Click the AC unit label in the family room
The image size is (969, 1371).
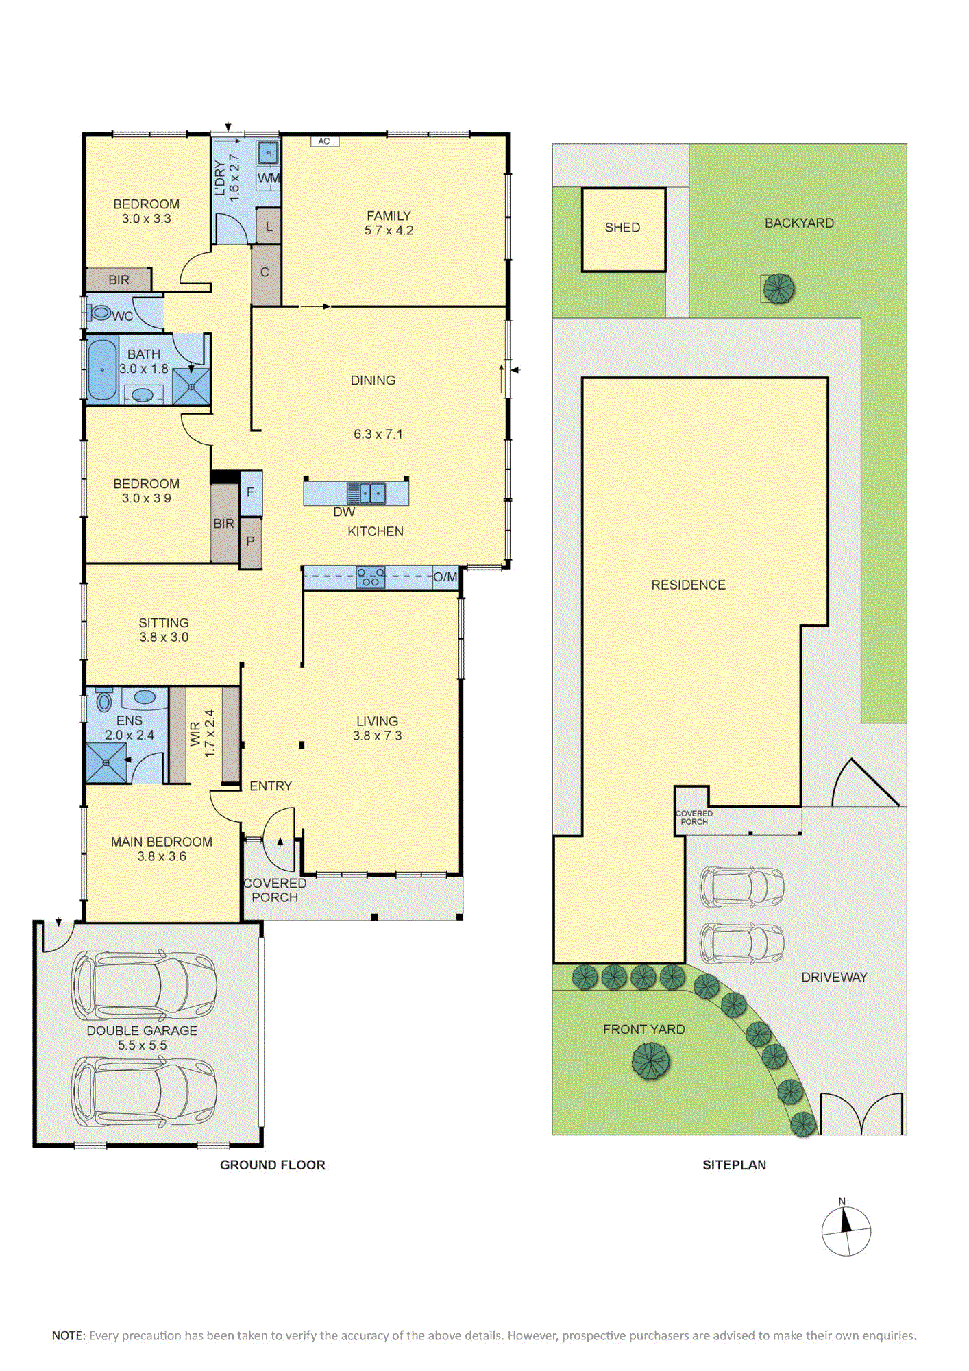[x=324, y=141]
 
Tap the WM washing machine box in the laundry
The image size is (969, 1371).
[x=269, y=178]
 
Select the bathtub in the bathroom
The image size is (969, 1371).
[x=102, y=369]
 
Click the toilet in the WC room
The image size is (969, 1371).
[x=99, y=313]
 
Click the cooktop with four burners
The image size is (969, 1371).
[x=370, y=577]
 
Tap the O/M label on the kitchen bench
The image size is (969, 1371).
[x=445, y=577]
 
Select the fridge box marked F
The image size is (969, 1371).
[x=251, y=492]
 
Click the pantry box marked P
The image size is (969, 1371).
[x=251, y=542]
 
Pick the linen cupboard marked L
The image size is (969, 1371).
[x=269, y=226]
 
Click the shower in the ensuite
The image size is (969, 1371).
[x=107, y=763]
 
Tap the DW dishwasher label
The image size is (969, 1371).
[x=344, y=512]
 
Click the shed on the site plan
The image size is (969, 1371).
[x=623, y=230]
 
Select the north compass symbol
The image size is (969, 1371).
[x=846, y=1230]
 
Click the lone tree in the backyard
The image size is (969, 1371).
[x=778, y=289]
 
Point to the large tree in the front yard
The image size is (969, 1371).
[x=650, y=1060]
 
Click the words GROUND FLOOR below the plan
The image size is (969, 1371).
[x=273, y=1165]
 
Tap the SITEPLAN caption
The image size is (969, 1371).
[x=734, y=1165]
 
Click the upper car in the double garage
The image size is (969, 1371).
[x=144, y=985]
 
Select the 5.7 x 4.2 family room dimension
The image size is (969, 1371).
[x=389, y=230]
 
